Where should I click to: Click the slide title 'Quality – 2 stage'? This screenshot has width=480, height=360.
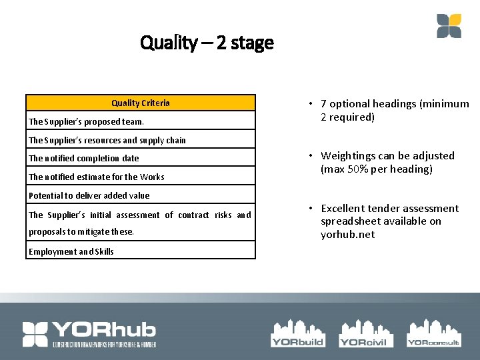pyautogui.click(x=207, y=43)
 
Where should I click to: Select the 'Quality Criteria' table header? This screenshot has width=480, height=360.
pyautogui.click(x=140, y=103)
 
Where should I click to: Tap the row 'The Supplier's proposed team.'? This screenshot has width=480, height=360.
pyautogui.click(x=86, y=121)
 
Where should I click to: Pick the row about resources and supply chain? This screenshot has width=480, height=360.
pyautogui.click(x=107, y=140)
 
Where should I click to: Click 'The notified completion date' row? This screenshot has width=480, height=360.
pyautogui.click(x=84, y=158)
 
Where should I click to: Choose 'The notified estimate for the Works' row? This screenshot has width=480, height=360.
pyautogui.click(x=96, y=177)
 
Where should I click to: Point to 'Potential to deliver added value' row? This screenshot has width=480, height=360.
pyautogui.click(x=89, y=195)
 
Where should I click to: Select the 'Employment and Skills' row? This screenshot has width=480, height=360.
pyautogui.click(x=71, y=251)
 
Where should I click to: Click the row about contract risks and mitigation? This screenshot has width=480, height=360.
pyautogui.click(x=140, y=223)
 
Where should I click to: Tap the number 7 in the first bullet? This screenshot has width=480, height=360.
pyautogui.click(x=323, y=104)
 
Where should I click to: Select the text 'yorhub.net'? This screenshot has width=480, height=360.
pyautogui.click(x=347, y=235)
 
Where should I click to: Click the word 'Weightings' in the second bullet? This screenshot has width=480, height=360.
pyautogui.click(x=347, y=156)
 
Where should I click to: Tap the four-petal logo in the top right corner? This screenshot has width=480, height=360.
pyautogui.click(x=449, y=26)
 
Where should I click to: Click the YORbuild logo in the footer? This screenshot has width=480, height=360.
pyautogui.click(x=297, y=333)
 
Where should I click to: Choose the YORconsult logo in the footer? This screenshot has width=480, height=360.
pyautogui.click(x=433, y=333)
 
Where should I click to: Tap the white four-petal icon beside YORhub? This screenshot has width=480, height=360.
pyautogui.click(x=35, y=334)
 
